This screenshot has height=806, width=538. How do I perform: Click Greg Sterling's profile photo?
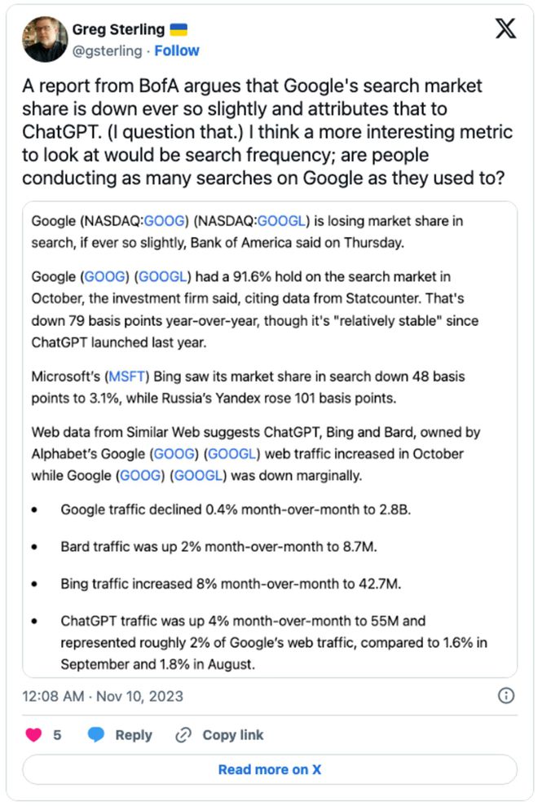pyautogui.click(x=46, y=39)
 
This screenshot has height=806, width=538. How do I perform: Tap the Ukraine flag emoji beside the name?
pyautogui.click(x=178, y=30)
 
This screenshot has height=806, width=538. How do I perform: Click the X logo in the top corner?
pyautogui.click(x=505, y=30)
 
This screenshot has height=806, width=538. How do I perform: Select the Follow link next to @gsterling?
pyautogui.click(x=177, y=51)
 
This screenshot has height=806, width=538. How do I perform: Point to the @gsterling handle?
pyautogui.click(x=106, y=51)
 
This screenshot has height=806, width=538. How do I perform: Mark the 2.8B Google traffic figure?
pyautogui.click(x=390, y=510)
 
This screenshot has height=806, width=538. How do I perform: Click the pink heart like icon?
pyautogui.click(x=33, y=734)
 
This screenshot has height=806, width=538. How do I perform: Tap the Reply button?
pyautogui.click(x=121, y=734)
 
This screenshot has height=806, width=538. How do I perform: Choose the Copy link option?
pyautogui.click(x=220, y=734)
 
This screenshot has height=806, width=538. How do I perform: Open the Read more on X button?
pyautogui.click(x=269, y=769)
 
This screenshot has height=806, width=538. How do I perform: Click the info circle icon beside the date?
pyautogui.click(x=505, y=695)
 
